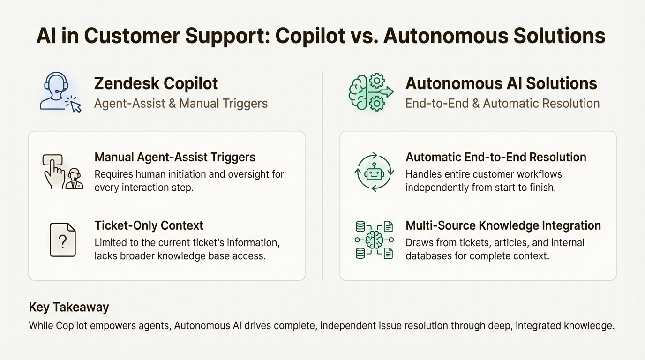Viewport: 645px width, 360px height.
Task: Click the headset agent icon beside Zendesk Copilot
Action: (x=57, y=91)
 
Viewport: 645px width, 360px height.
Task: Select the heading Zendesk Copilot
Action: (x=156, y=83)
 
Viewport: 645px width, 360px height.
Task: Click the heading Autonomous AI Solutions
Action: (x=501, y=83)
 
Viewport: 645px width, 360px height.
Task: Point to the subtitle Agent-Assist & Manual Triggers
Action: (x=181, y=103)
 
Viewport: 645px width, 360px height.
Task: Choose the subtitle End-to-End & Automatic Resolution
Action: (x=502, y=103)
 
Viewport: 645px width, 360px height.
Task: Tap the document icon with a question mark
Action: (x=63, y=240)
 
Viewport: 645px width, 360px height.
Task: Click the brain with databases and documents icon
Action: (x=374, y=240)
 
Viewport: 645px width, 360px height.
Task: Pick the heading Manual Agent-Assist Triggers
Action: (x=175, y=157)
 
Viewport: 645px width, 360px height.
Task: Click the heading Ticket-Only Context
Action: (x=149, y=225)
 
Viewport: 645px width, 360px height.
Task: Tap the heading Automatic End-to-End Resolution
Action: (x=496, y=157)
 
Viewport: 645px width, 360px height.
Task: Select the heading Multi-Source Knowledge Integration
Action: (x=503, y=225)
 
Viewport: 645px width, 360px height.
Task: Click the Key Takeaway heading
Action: (x=69, y=307)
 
